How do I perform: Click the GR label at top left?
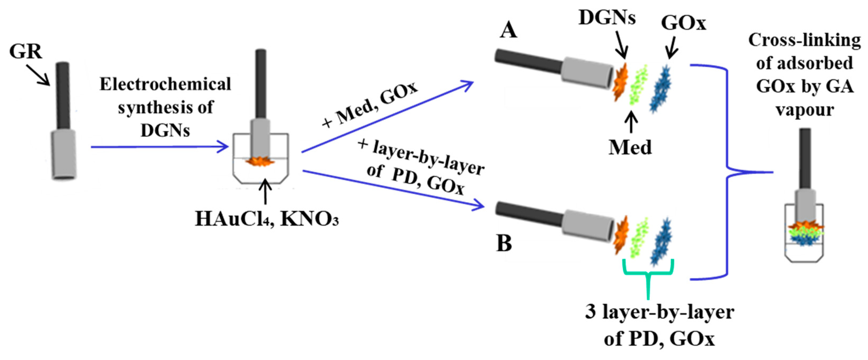coord(26,51)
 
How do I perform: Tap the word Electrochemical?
coord(165,84)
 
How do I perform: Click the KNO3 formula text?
coord(309,219)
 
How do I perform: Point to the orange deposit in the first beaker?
coord(260,162)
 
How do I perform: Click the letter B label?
coord(504,243)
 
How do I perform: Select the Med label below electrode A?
coord(630,148)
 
